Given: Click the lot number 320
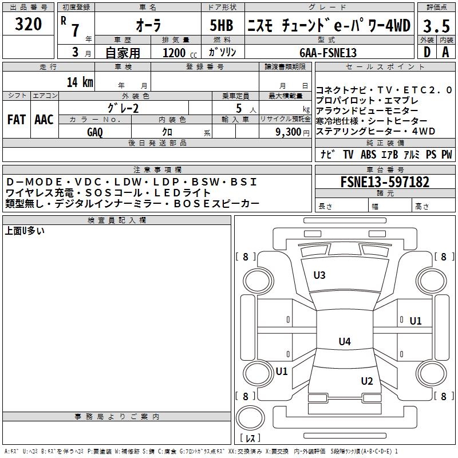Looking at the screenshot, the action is point(28,24).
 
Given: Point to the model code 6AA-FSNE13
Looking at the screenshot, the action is point(328,52).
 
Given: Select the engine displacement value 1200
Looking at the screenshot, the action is point(174,53).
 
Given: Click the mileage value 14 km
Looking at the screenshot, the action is point(80,82).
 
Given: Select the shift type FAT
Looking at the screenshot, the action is point(16,120).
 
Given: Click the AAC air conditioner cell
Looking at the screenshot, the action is point(44,120).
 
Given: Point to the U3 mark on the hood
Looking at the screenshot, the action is point(319,275).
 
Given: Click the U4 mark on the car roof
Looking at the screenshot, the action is point(344,342).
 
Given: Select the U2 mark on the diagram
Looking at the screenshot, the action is point(367,381).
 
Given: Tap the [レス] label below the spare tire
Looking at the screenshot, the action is point(250,439).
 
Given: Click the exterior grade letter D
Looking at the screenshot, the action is point(427,52).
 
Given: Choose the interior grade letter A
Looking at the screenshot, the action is point(445,52).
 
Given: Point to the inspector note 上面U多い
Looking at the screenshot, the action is point(25,231).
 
